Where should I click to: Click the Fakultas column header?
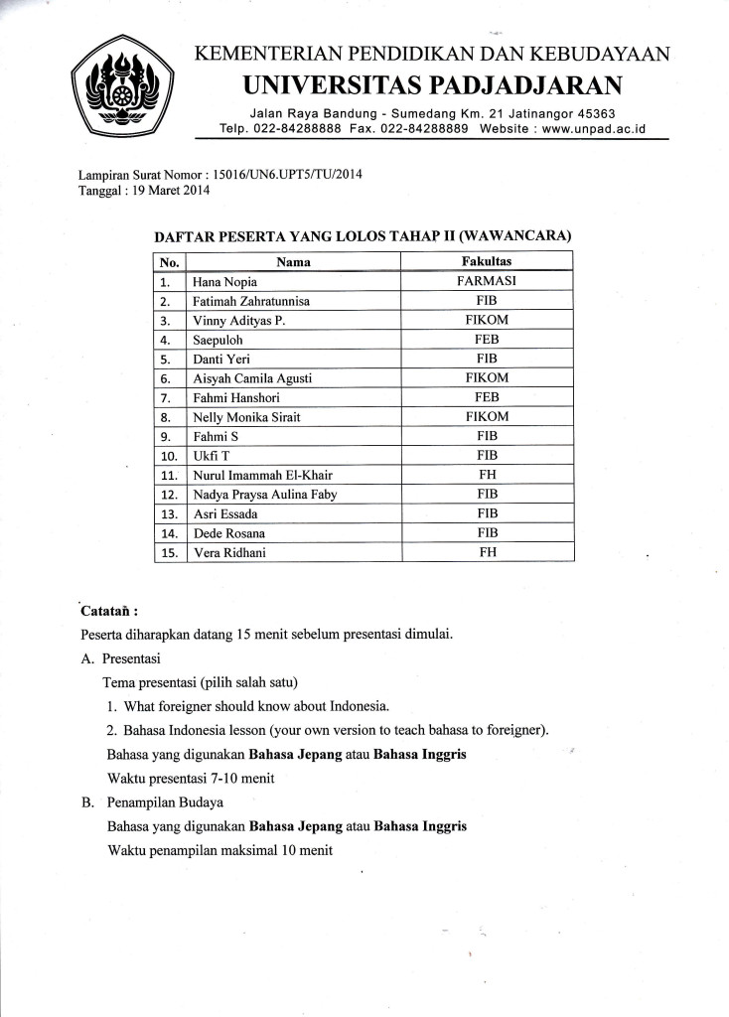[487, 262]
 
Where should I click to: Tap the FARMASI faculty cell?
[487, 281]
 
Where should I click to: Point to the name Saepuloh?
[219, 340]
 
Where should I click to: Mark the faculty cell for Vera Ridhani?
[487, 553]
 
